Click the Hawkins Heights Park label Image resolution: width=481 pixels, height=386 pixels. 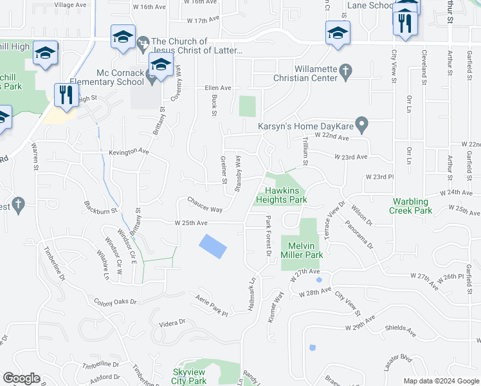click(286, 195)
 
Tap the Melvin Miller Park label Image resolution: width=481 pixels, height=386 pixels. click(302, 250)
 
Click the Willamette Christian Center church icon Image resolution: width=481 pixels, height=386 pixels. click(345, 69)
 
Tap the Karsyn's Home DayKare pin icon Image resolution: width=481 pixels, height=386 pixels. click(362, 123)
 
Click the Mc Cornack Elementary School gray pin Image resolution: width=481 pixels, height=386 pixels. click(152, 78)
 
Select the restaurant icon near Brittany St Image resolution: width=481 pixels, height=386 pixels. click(65, 95)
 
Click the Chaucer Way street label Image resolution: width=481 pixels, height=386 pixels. click(204, 209)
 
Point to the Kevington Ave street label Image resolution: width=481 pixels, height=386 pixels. click(129, 152)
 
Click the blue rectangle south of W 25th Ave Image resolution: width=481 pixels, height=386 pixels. click(212, 246)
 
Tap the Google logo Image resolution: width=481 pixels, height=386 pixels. click(21, 378)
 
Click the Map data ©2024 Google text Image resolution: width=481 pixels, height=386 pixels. click(440, 381)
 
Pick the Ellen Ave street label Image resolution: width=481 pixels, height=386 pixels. click(217, 88)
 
